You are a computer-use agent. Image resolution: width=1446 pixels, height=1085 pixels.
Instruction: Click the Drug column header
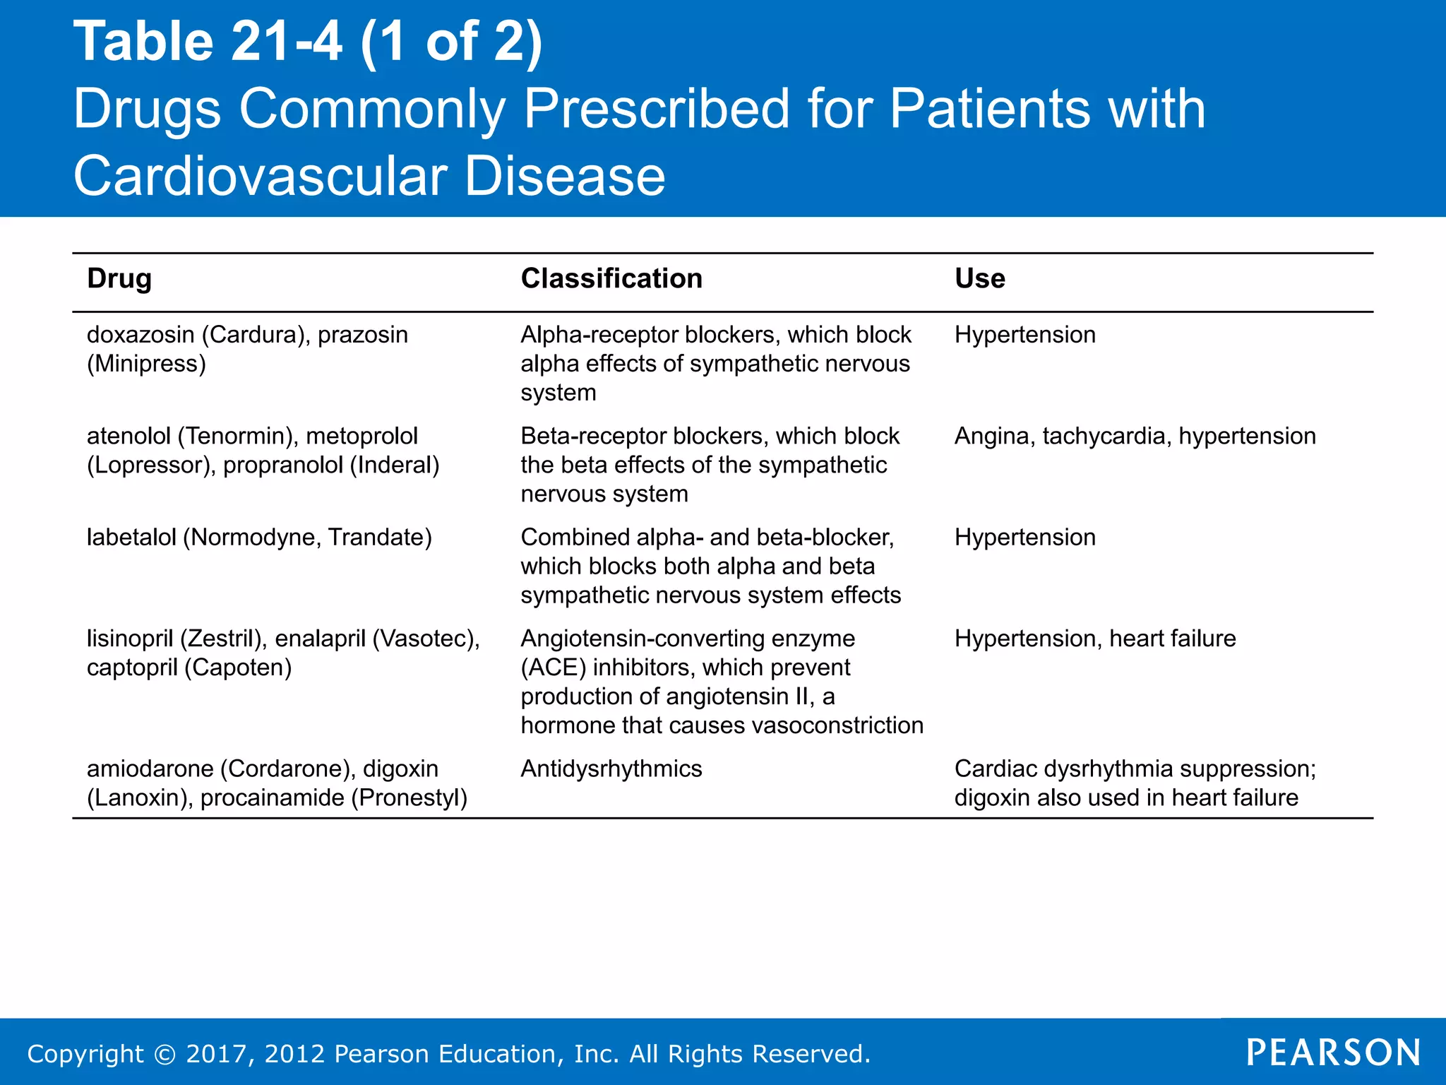click(x=119, y=279)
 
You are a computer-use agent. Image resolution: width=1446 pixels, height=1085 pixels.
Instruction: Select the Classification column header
click(x=611, y=279)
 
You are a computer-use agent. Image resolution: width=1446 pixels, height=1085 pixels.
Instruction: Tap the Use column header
click(x=980, y=279)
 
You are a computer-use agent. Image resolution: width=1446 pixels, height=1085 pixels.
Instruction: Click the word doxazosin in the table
click(x=141, y=335)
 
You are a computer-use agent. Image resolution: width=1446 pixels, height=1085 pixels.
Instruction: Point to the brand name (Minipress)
click(x=147, y=364)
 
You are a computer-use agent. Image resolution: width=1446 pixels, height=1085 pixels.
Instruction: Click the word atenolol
click(x=129, y=437)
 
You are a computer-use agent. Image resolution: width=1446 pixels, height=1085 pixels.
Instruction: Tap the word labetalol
click(x=131, y=538)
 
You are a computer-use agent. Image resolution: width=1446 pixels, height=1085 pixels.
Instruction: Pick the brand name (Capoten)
click(x=238, y=668)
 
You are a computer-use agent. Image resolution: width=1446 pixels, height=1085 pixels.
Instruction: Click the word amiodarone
click(x=150, y=769)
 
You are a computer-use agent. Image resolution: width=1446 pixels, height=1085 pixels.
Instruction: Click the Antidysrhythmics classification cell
click(x=611, y=769)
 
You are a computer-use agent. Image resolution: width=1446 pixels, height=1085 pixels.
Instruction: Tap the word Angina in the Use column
click(x=994, y=437)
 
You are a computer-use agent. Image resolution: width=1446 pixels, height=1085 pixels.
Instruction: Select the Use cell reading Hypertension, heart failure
click(x=1095, y=639)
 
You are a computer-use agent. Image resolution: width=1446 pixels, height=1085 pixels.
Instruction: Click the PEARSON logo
click(x=1334, y=1053)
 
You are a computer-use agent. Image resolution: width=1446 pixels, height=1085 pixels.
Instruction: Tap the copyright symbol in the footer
click(x=165, y=1055)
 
